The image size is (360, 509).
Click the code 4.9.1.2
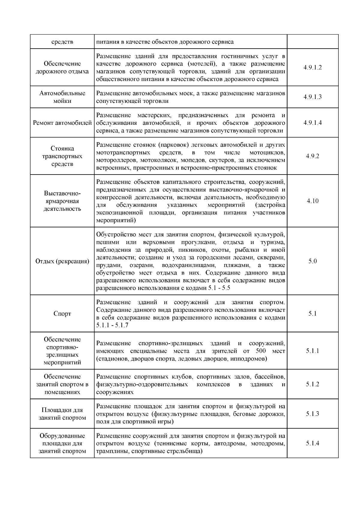(x=312, y=67)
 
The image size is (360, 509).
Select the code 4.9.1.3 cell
(x=312, y=97)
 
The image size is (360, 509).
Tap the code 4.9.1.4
(x=312, y=123)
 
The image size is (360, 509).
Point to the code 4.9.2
(x=312, y=156)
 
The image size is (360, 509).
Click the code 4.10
(x=312, y=201)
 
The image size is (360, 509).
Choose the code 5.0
(x=312, y=261)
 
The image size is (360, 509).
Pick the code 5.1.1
(x=312, y=351)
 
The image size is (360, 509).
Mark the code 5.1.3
(x=312, y=414)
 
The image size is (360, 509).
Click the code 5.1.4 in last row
(x=312, y=443)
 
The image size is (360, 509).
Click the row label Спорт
(x=62, y=314)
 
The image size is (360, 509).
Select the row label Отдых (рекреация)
(x=62, y=261)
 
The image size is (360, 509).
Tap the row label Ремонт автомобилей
(x=62, y=123)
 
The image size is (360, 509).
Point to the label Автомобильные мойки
(x=62, y=97)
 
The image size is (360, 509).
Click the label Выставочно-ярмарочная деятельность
(x=62, y=201)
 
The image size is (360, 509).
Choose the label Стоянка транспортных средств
(x=62, y=156)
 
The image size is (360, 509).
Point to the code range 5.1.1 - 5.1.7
(x=112, y=325)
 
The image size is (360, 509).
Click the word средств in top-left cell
(x=62, y=42)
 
